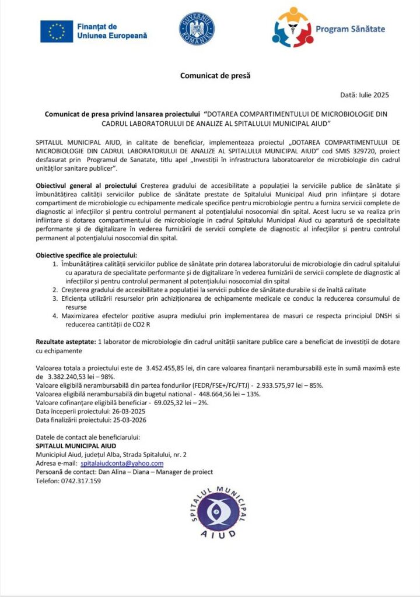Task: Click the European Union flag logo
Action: (57, 31)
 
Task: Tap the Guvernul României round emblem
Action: (197, 29)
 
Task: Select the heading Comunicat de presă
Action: (211, 75)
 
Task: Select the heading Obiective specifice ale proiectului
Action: (86, 255)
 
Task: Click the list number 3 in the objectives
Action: (55, 298)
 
